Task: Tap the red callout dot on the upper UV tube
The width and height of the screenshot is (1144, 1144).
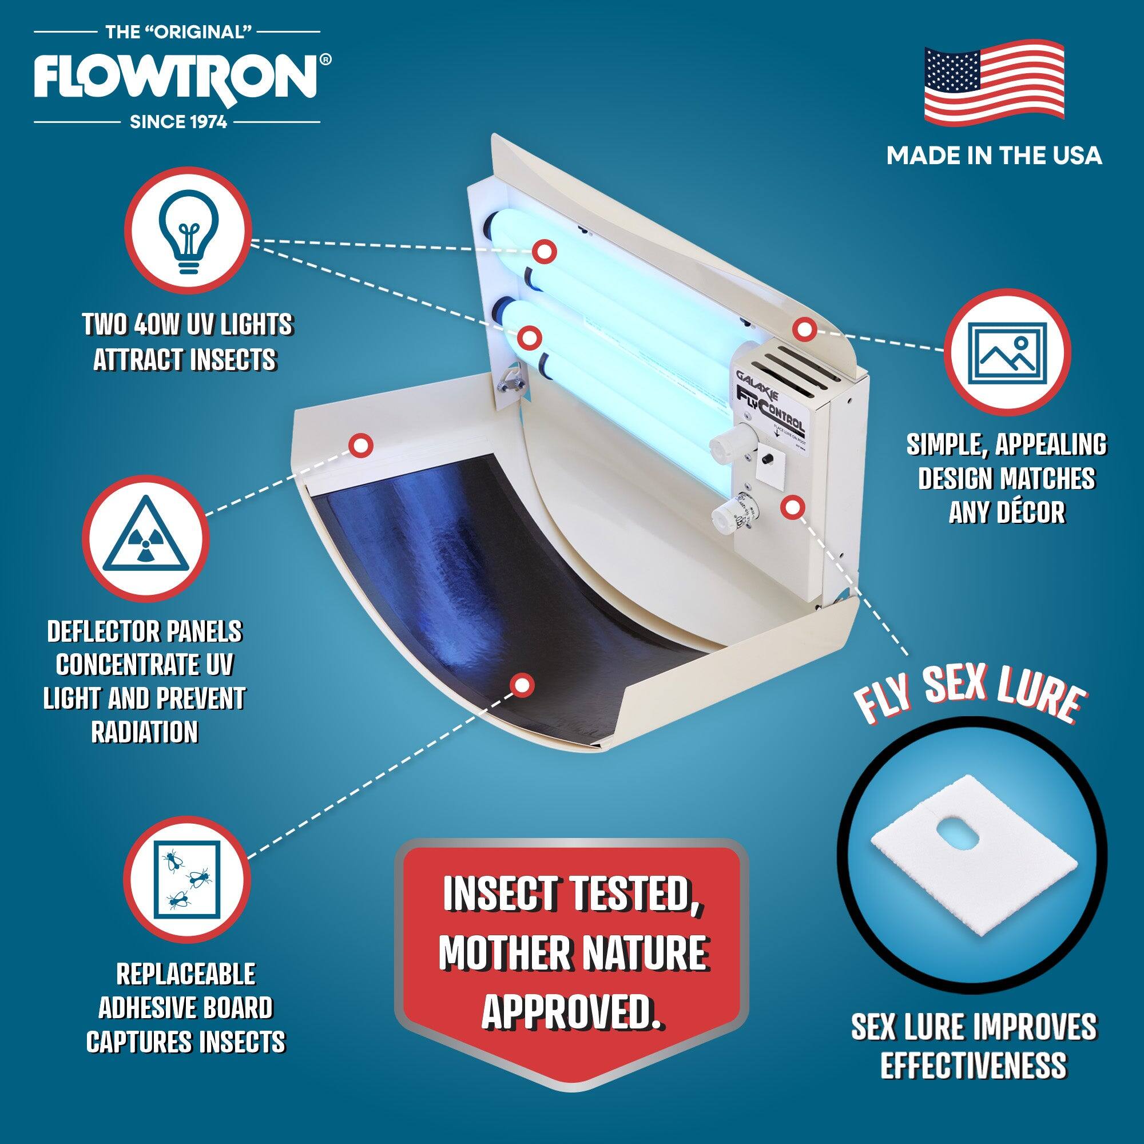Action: click(543, 251)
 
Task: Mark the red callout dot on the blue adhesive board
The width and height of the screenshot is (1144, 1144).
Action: click(522, 685)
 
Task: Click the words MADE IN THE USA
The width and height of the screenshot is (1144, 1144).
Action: click(994, 155)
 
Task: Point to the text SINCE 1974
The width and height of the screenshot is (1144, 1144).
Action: click(178, 122)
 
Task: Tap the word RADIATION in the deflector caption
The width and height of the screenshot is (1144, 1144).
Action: click(145, 733)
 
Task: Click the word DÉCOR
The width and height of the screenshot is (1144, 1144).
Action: click(1007, 513)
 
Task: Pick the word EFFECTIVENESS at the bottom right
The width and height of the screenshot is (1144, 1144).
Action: click(974, 1063)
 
